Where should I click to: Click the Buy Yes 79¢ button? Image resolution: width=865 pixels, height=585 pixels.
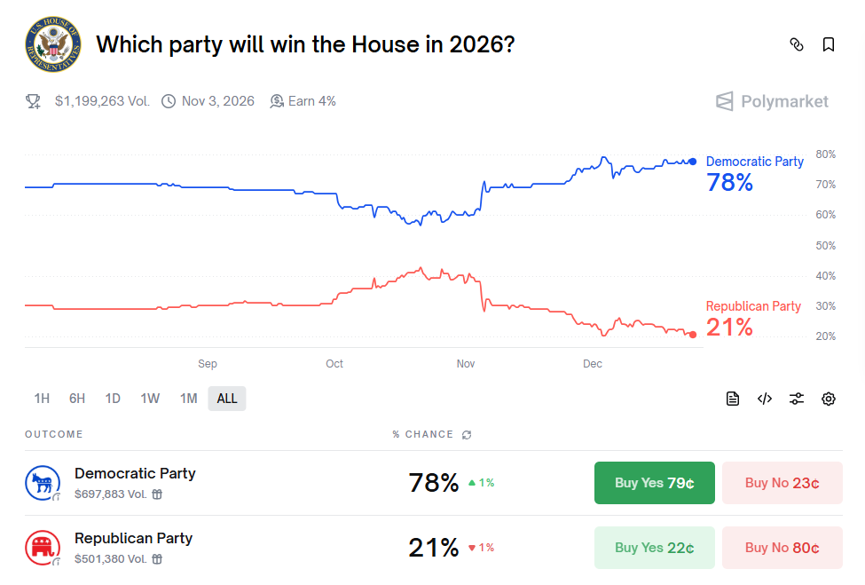pos(654,483)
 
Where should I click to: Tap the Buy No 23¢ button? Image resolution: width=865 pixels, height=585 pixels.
pos(782,483)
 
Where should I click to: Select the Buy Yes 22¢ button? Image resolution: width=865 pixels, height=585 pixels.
pos(654,548)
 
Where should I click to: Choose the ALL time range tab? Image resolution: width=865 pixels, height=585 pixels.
pos(227,399)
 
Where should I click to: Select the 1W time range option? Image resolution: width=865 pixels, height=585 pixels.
pos(150,399)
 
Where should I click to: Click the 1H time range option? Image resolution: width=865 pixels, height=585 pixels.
pos(42,399)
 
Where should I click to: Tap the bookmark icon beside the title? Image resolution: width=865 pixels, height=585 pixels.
pos(829,44)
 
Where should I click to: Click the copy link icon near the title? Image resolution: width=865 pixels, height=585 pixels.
pos(797,44)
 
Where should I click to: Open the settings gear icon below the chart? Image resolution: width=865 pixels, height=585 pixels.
pos(829,399)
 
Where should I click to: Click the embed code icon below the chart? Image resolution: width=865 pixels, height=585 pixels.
pos(765,399)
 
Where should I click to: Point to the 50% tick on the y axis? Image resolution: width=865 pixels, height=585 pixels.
pos(825,245)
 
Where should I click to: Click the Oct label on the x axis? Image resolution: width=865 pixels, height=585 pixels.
pos(334,364)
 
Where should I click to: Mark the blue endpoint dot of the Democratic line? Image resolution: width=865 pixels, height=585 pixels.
pos(693,162)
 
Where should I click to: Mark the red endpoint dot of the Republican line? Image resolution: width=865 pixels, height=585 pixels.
pos(693,335)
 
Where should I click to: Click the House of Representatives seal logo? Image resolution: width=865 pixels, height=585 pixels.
pos(52,45)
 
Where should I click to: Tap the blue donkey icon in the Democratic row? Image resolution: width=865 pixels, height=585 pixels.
pos(42,483)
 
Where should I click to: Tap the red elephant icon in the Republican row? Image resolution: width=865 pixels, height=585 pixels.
pos(42,548)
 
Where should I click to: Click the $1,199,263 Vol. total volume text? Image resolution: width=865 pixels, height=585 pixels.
pos(102,101)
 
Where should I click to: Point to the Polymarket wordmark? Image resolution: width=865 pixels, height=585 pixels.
pos(773,102)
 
